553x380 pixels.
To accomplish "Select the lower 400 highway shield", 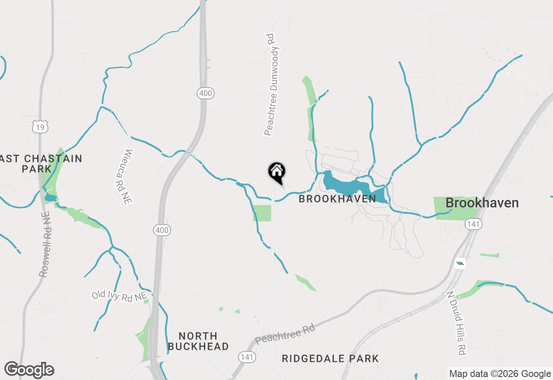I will (x=162, y=231).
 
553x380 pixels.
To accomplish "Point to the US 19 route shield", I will (x=40, y=127).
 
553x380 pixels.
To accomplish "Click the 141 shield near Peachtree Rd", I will (x=246, y=357).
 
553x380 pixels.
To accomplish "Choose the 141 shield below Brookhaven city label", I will (x=473, y=224).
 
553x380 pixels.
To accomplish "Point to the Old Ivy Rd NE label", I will (x=119, y=296).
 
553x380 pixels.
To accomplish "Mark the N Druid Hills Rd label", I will (x=457, y=323).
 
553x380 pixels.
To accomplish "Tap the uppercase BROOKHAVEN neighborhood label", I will (x=337, y=199).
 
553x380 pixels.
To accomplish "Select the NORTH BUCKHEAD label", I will (x=198, y=341).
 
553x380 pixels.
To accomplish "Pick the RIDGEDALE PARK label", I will (x=330, y=358).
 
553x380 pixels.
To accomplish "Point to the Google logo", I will (x=29, y=370).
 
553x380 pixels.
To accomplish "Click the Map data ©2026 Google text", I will (x=500, y=374).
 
